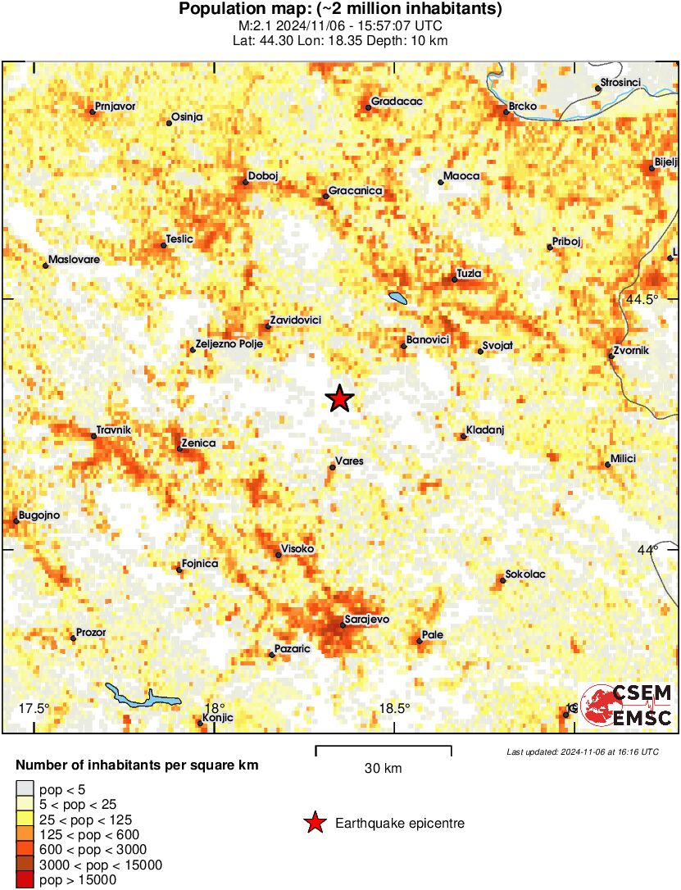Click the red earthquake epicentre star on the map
339,398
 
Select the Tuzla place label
470,273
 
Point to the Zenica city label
198,443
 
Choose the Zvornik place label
631,351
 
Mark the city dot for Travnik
93,436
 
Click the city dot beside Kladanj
463,436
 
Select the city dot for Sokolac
502,580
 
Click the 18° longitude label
214,708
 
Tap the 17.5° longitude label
34,708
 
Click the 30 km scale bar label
383,768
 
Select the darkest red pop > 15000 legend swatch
26,880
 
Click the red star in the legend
315,823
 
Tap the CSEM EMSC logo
627,705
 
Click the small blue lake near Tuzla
397,297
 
